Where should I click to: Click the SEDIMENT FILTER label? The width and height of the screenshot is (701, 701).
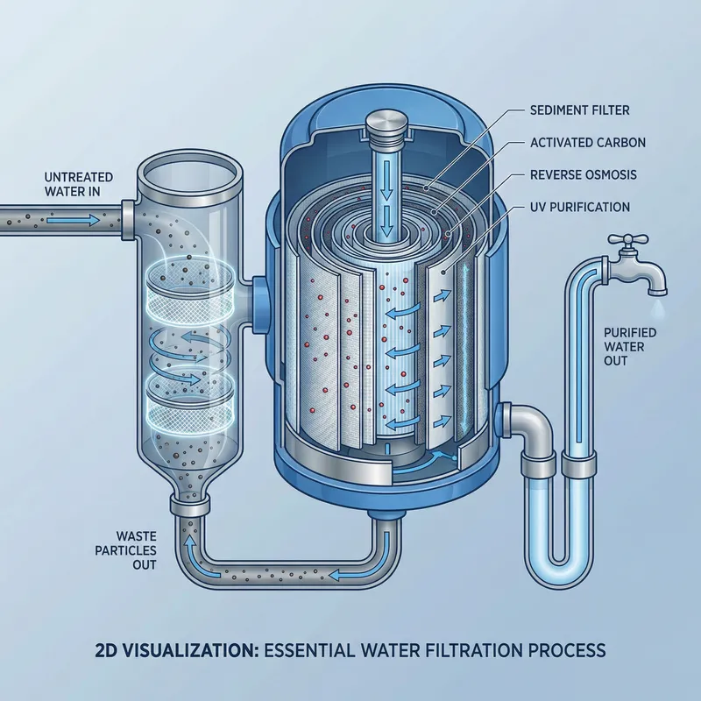click(x=580, y=110)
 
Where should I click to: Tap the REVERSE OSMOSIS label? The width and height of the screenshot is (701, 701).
click(x=584, y=174)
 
